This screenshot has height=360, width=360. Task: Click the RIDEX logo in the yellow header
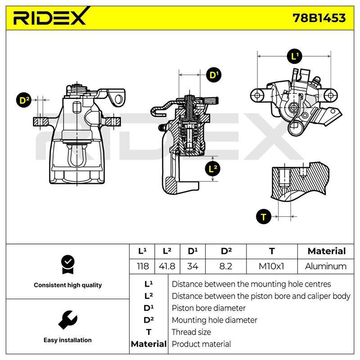coord(50,17)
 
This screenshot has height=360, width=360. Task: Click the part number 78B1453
coord(319,18)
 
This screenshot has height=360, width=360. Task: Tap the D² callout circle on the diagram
coord(24,100)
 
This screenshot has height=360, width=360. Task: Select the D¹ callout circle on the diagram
coord(214,75)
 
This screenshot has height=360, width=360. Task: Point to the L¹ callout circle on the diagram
coord(295,56)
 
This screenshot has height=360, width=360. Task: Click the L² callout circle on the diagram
coord(212,169)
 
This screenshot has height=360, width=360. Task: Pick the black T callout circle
coord(264,216)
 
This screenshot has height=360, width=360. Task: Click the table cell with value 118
coord(143,266)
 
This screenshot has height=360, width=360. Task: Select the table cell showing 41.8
coord(167,266)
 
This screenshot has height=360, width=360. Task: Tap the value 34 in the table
coord(193,266)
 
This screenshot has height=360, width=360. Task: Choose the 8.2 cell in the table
coord(226,266)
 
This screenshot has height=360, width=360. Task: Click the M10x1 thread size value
coord(271,266)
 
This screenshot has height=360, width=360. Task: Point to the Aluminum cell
coord(325,266)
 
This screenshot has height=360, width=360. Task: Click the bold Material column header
coord(327,251)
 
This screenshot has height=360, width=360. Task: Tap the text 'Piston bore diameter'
coord(208,308)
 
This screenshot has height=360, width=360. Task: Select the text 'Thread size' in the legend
coord(191,332)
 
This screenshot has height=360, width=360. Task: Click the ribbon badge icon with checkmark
coord(68,265)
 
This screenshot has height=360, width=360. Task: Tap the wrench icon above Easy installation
coord(68,320)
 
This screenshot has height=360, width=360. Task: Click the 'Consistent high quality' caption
coord(68,285)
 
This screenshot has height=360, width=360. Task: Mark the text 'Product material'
coord(201,344)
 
